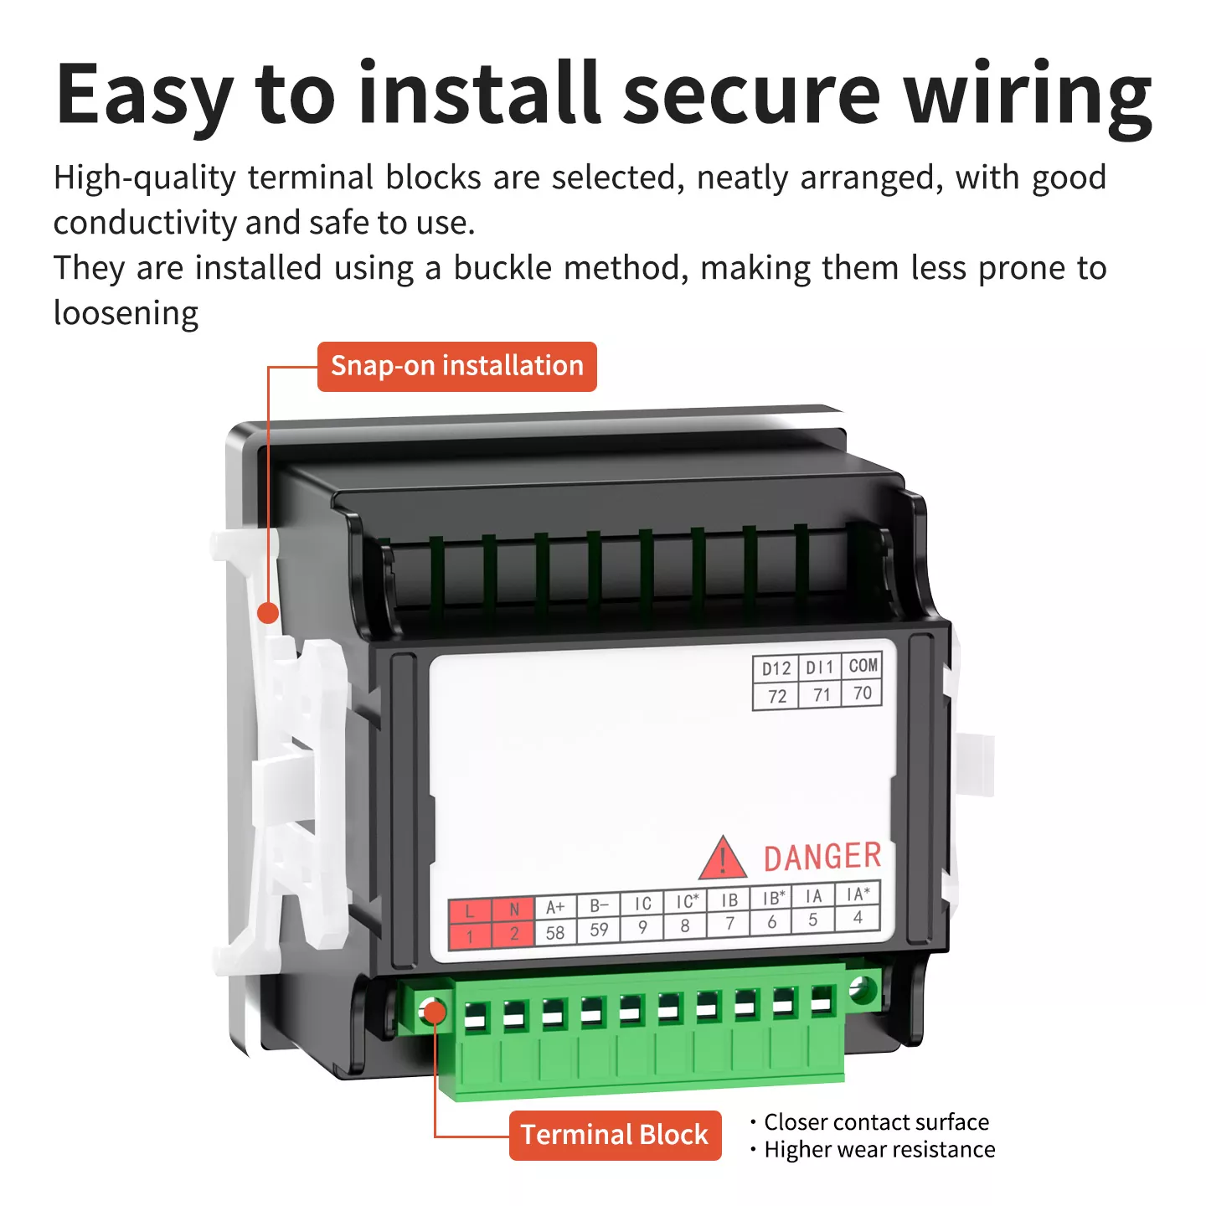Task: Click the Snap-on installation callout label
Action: coord(457,366)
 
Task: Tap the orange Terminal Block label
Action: coord(615,1136)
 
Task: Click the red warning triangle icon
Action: coord(722,858)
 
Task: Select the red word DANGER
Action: coord(822,857)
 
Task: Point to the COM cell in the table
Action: coord(862,666)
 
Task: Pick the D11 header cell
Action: coord(820,667)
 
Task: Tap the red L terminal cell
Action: coord(470,910)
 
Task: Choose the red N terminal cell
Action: coord(513,909)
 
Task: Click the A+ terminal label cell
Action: coord(555,907)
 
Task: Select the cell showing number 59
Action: coord(599,930)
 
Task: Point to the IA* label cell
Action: coord(858,894)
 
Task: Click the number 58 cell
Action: coord(555,932)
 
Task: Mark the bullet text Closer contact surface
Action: coord(876,1122)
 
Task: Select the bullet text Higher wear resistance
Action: coord(879,1150)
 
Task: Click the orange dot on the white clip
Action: coord(268,613)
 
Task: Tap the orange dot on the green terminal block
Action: coord(435,1012)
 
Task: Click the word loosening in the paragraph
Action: coord(126,313)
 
